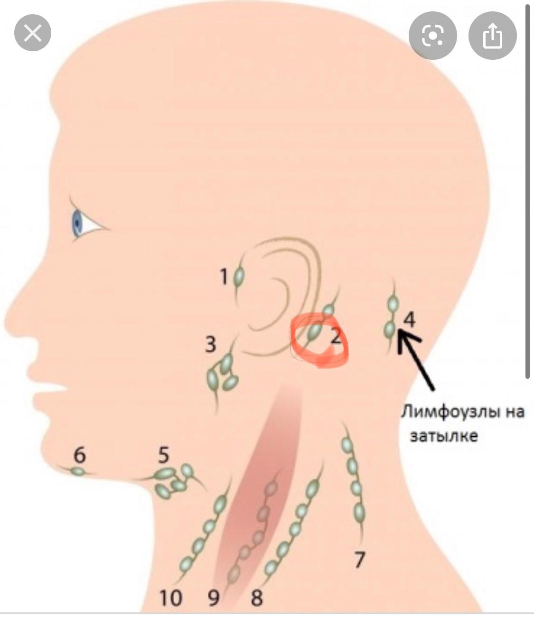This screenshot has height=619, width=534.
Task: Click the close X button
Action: point(32,33)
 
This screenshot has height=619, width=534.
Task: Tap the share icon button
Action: point(492,36)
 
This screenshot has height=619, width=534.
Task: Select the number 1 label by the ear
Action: point(224,276)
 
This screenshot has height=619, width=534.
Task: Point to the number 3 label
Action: point(210,344)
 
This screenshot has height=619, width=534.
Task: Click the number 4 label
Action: point(409,319)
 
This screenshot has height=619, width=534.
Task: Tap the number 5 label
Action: point(163,455)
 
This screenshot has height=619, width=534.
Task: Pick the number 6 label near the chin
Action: point(79,455)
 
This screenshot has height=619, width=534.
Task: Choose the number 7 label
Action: point(359,560)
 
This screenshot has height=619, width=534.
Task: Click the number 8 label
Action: point(256,598)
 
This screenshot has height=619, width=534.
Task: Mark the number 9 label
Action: point(213,598)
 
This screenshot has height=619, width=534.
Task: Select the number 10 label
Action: point(170,598)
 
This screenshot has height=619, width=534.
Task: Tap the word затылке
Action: point(443,436)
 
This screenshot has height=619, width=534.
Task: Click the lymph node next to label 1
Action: point(239,276)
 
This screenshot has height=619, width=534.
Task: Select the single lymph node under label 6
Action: point(78,471)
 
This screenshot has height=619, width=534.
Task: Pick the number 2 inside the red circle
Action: point(335,338)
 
